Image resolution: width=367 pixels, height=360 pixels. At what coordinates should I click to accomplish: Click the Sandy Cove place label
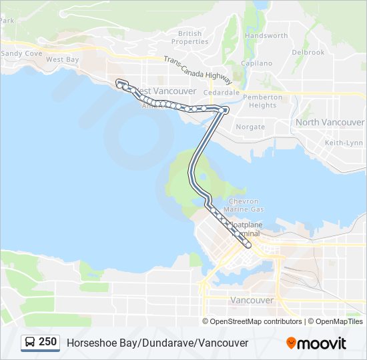click(22, 53)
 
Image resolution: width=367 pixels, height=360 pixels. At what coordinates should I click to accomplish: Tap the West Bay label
click(63, 59)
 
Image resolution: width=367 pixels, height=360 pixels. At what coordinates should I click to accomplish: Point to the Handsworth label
click(266, 35)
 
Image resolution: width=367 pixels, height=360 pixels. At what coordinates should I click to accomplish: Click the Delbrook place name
click(308, 52)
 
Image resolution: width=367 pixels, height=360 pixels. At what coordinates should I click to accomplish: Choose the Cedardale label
click(222, 93)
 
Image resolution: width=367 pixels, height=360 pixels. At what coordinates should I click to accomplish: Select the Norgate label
click(250, 126)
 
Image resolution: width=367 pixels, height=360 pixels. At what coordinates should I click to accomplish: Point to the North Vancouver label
click(330, 122)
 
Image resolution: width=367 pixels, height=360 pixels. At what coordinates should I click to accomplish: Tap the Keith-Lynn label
click(344, 143)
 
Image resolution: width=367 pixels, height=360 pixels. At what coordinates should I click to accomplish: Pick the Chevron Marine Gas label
click(248, 205)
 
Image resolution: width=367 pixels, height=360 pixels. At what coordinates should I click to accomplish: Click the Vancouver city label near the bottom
click(252, 300)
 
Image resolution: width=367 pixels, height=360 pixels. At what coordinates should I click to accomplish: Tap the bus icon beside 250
click(31, 343)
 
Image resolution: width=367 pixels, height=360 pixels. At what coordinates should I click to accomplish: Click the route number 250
click(47, 342)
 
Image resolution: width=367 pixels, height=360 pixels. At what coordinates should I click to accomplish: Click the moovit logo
click(316, 343)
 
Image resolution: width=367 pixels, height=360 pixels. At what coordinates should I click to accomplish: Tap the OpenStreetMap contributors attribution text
click(256, 321)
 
